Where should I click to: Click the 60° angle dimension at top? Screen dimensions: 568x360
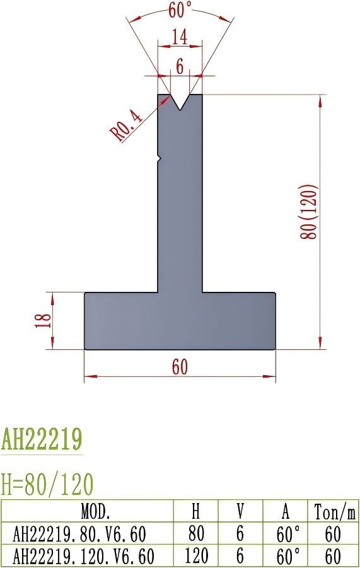(180, 11)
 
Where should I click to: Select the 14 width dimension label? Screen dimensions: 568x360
(180, 38)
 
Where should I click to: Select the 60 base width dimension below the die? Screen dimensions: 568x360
(180, 368)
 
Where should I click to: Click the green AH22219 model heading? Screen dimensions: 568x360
(42, 439)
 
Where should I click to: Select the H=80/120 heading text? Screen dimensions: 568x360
(47, 484)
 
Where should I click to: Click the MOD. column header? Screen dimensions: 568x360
(87, 510)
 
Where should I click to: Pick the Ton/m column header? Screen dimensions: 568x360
(333, 510)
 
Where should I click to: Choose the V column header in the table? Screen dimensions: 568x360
(240, 510)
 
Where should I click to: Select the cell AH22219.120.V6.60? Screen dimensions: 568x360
(83, 556)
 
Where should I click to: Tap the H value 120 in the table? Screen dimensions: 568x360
(196, 556)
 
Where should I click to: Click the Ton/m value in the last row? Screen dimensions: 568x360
(333, 556)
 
